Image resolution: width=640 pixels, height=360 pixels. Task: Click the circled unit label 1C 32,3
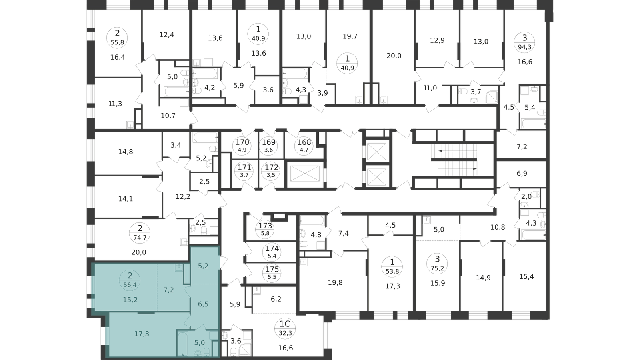(x=285, y=328)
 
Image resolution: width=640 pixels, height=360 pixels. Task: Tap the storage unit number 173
(x=266, y=226)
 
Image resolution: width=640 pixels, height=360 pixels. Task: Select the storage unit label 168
(x=304, y=142)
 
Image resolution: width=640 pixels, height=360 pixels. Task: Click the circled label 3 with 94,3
(x=524, y=42)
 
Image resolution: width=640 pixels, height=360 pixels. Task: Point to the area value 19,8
(x=335, y=283)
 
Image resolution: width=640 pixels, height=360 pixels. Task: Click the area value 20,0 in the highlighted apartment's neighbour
(x=139, y=252)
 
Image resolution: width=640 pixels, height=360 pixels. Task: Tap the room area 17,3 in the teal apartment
(x=142, y=334)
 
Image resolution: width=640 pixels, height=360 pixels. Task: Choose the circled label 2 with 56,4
(x=130, y=280)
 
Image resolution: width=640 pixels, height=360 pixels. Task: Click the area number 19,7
(x=350, y=36)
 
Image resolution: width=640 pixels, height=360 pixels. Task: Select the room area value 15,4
(x=526, y=276)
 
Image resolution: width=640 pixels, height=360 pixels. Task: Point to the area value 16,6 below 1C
(x=286, y=348)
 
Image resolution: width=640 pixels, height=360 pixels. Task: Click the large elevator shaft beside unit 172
(x=305, y=174)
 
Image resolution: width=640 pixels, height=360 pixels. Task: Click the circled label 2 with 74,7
(x=140, y=232)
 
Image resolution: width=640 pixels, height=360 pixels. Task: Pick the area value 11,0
(x=430, y=88)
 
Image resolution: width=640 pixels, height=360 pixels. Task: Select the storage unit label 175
(x=272, y=270)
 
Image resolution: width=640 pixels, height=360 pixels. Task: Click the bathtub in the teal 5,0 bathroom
(x=182, y=344)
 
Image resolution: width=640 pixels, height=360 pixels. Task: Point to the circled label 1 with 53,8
(x=392, y=266)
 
